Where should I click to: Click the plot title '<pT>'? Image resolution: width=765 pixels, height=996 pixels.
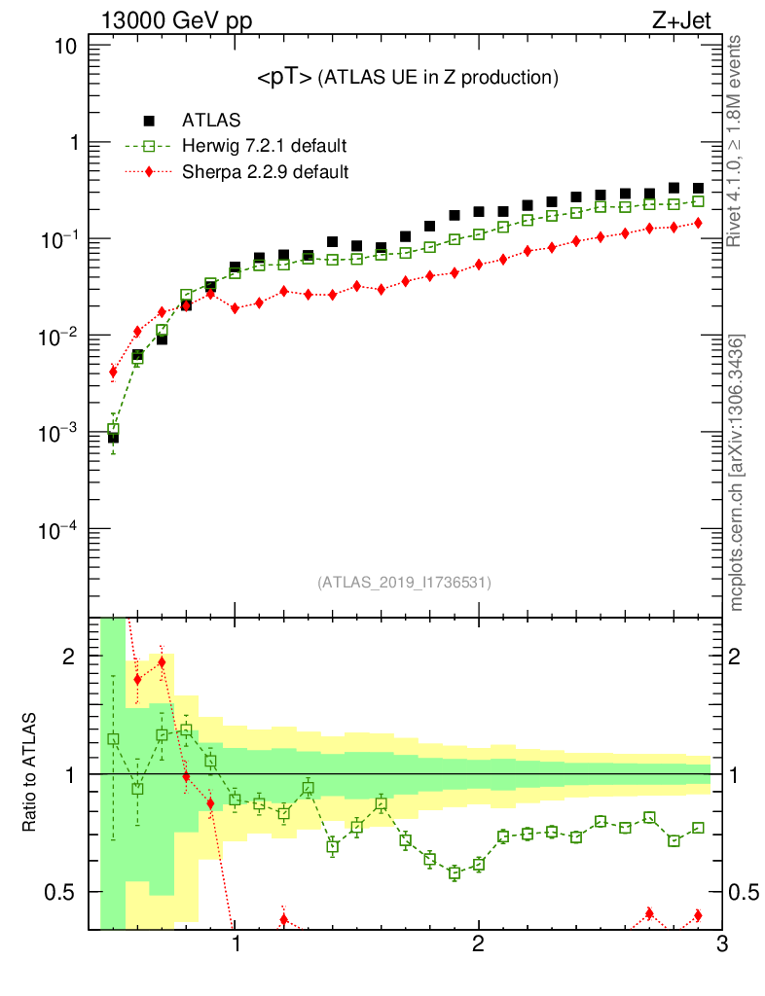(x=284, y=78)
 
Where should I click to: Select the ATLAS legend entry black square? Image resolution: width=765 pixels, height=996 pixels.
(x=150, y=121)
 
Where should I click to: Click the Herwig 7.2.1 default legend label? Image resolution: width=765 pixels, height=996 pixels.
(x=265, y=146)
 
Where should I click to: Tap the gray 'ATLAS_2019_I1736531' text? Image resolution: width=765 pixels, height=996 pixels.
(x=404, y=583)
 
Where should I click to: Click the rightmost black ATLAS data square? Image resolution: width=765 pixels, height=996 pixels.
(x=698, y=189)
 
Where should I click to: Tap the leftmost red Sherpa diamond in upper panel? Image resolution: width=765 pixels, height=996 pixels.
(x=113, y=372)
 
